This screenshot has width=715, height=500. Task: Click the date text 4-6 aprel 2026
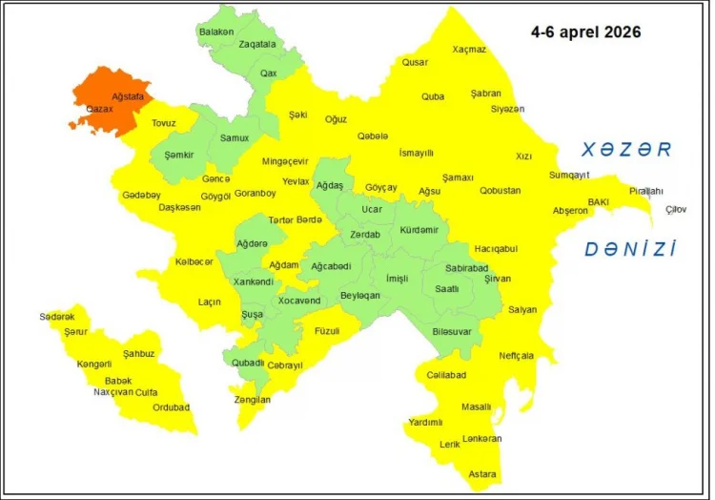point(585,31)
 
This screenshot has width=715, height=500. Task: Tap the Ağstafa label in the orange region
point(128,97)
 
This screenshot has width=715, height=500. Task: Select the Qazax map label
point(99,110)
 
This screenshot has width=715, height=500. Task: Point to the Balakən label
point(216,31)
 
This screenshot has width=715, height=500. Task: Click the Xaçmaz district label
point(469,50)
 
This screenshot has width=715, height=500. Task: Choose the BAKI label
point(598,202)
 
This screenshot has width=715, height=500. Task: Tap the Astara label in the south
point(481,474)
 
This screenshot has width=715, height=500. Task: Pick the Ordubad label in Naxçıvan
point(172,407)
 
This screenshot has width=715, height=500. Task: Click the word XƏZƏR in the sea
point(627,150)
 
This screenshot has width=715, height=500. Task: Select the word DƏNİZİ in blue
point(630,250)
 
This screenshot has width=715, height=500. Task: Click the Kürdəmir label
point(419,230)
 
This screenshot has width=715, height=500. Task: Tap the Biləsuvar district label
point(452,331)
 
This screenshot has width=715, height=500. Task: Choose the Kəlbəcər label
point(194,262)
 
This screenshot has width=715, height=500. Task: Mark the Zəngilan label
point(253,400)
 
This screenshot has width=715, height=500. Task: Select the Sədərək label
point(57,317)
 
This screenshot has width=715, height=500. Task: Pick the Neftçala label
point(517,356)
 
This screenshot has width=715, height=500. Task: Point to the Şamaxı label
point(458,177)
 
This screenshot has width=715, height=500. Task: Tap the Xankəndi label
point(254,281)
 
